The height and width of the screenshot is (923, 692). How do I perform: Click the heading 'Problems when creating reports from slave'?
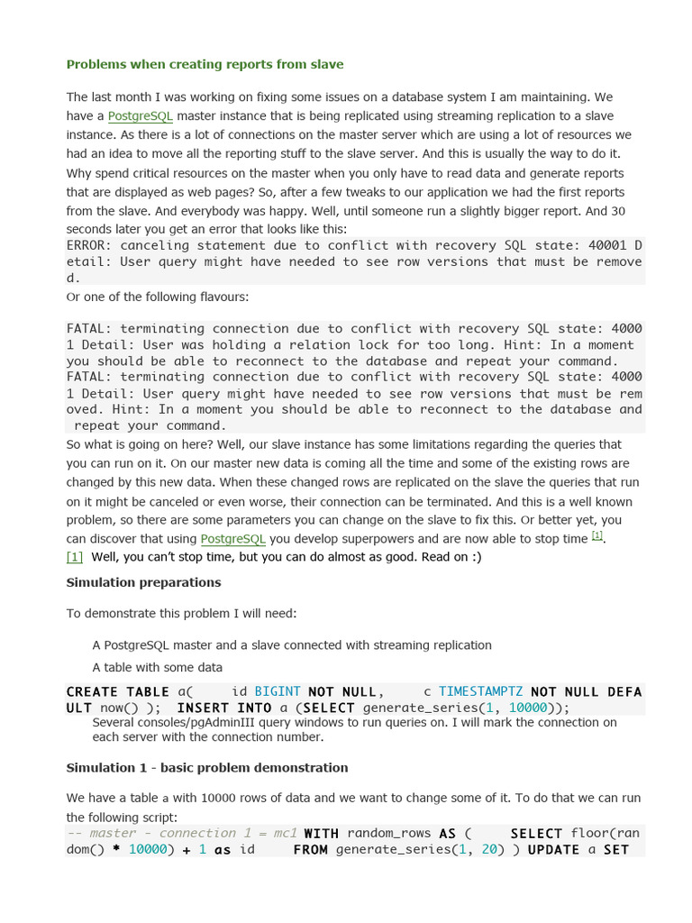(x=205, y=65)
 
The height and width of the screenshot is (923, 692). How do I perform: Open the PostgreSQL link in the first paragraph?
(x=140, y=116)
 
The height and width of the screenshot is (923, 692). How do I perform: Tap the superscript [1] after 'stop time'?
(x=596, y=536)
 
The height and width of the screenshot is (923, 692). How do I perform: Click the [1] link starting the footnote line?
(x=75, y=557)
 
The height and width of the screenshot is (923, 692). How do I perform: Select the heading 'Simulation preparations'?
(x=143, y=582)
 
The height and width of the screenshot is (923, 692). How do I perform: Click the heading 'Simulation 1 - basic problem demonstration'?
(x=206, y=768)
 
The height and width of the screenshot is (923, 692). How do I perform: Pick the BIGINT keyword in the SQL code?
(x=278, y=692)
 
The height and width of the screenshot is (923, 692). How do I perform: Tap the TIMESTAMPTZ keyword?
(x=480, y=692)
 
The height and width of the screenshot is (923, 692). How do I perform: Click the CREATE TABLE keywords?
(x=117, y=692)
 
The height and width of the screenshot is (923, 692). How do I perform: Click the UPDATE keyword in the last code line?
(x=553, y=850)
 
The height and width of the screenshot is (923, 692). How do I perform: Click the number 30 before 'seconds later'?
(x=617, y=211)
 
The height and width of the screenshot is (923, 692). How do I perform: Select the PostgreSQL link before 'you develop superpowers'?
(x=232, y=539)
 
